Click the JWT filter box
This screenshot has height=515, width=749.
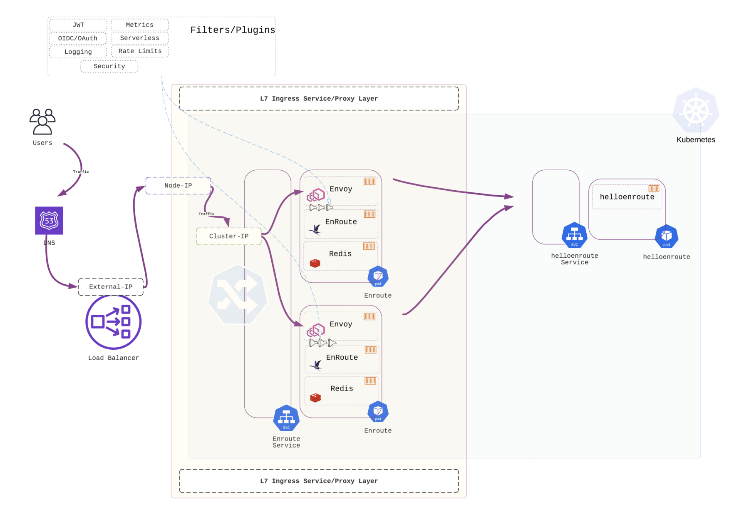coord(78,25)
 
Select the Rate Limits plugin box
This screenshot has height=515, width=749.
coord(140,51)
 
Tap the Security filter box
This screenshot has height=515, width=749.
coord(109,66)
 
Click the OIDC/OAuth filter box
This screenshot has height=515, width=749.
coord(78,38)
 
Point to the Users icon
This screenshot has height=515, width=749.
coord(42,122)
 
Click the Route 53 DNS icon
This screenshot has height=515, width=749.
coord(49,221)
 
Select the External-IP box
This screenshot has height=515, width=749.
coord(111,287)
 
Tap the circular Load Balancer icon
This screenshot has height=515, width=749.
coord(114,322)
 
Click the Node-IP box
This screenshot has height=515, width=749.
coord(178,186)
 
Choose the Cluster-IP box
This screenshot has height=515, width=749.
coord(229,236)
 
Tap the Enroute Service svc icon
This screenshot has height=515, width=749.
coord(286,418)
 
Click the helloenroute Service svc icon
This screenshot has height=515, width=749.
coord(574,235)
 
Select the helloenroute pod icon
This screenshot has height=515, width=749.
coord(666,236)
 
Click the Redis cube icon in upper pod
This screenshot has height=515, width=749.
coord(315,263)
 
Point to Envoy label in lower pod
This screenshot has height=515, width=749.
coord(341,324)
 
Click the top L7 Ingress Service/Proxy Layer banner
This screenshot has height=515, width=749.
coord(319,99)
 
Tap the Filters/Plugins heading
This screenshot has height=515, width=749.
coord(233,30)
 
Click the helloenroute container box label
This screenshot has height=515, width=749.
coord(627,197)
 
